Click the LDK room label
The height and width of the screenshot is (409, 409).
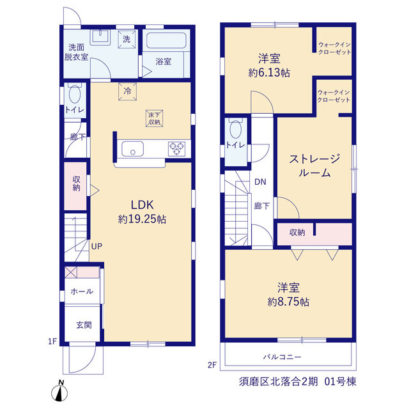pyautogui.click(x=142, y=205)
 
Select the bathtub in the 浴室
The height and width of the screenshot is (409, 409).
pyautogui.click(x=166, y=40)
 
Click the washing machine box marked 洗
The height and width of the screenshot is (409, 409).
pyautogui.click(x=127, y=39)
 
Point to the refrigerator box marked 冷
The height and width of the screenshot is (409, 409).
pyautogui.click(x=127, y=91)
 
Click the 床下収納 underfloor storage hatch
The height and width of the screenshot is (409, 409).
pyautogui.click(x=154, y=118)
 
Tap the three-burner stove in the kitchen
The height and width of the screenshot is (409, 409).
pyautogui.click(x=176, y=149)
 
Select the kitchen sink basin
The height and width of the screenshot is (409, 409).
pyautogui.click(x=133, y=149)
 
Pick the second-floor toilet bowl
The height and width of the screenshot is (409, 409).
pyautogui.click(x=236, y=129)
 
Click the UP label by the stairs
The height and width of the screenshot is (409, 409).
pyautogui.click(x=96, y=246)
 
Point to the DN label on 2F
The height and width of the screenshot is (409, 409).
pyautogui.click(x=260, y=181)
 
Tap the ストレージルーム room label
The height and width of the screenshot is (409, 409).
pyautogui.click(x=314, y=166)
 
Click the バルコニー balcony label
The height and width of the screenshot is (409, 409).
pyautogui.click(x=282, y=357)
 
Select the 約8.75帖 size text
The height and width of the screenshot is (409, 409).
pyautogui.click(x=288, y=302)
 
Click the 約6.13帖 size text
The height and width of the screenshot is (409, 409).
pyautogui.click(x=269, y=72)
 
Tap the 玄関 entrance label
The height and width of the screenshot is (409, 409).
pyautogui.click(x=84, y=325)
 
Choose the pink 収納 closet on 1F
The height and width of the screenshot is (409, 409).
pyautogui.click(x=75, y=186)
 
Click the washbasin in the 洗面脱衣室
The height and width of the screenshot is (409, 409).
pyautogui.click(x=100, y=37)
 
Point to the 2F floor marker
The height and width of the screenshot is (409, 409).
pyautogui.click(x=212, y=365)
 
